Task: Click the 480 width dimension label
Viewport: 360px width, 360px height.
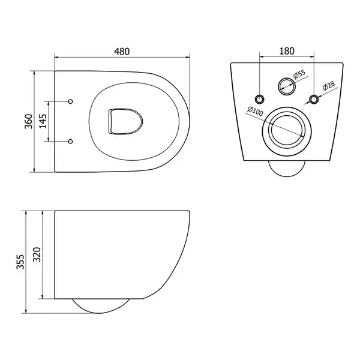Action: click(x=122, y=52)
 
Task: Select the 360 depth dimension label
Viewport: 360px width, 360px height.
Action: click(x=29, y=121)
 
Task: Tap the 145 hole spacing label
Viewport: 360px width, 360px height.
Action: click(x=43, y=121)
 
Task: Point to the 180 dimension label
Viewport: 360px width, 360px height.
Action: click(x=287, y=51)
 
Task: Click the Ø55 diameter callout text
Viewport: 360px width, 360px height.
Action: click(x=299, y=74)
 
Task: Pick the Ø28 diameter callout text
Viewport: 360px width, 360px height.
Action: click(x=329, y=86)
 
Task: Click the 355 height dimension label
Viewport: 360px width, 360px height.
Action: click(x=20, y=262)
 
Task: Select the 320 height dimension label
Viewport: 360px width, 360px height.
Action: click(x=37, y=254)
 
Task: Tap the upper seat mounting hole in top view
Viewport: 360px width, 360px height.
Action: click(x=70, y=101)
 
